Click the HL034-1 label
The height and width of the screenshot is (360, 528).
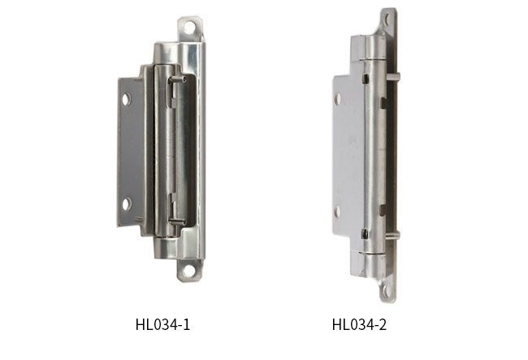click(162, 324)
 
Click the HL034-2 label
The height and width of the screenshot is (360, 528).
click(359, 324)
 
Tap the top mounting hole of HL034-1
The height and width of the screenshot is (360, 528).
click(189, 28)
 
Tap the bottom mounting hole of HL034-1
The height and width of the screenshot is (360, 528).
click(188, 271)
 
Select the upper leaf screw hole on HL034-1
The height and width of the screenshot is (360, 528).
click(126, 99)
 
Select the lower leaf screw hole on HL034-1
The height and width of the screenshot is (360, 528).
click(127, 204)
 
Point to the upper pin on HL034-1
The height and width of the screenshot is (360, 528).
click(177, 80)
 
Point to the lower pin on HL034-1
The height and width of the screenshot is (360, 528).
click(177, 222)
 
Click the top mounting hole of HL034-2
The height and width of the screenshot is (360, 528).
click(387, 20)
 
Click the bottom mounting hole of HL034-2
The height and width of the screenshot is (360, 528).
click(386, 291)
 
